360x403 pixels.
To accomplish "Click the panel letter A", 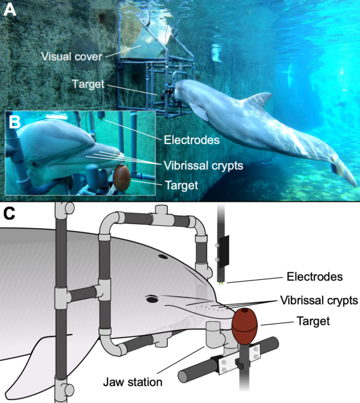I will coord(10,11).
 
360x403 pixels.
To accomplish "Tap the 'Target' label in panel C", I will coord(314,321).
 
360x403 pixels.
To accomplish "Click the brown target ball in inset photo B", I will coord(121,176).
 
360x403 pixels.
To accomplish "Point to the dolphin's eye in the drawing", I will coord(151,298).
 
